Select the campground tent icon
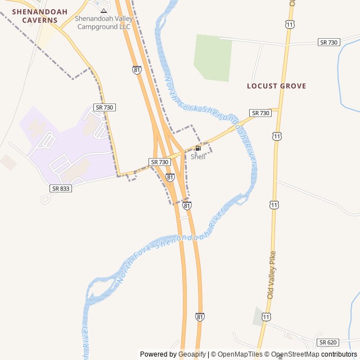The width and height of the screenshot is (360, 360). tap(103, 10)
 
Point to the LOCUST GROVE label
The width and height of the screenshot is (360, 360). tap(276, 86)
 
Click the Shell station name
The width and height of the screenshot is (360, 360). tap(198, 156)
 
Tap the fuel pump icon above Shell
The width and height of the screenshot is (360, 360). tap(198, 148)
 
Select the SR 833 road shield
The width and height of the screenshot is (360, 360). tap(61, 188)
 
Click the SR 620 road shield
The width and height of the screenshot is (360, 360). tap(327, 342)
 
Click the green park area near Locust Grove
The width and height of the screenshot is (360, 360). tap(213, 57)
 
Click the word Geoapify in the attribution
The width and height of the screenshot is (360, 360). tap(192, 354)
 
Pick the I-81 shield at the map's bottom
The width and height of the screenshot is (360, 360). tap(200, 317)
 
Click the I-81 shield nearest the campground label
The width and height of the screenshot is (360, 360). tap(137, 69)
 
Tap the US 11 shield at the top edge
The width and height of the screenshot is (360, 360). tap(290, 25)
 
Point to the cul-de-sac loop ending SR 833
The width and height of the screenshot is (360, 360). tap(44, 199)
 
